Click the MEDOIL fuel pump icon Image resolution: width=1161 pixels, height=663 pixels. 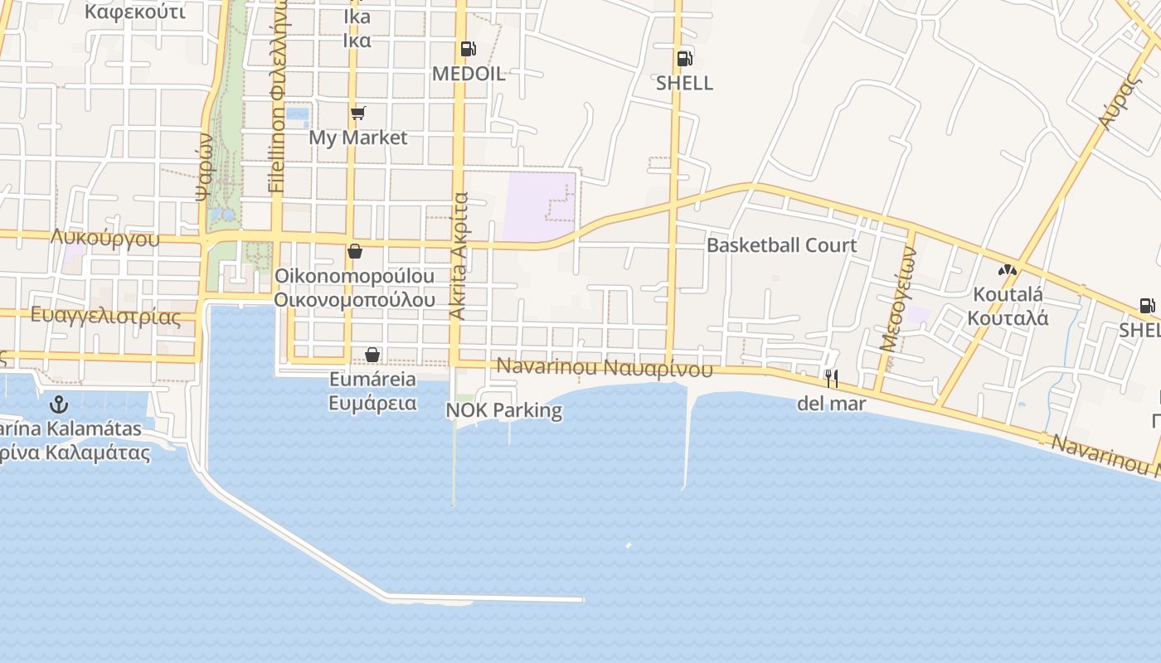(468, 49)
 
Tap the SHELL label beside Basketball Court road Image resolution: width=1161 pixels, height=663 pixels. (684, 83)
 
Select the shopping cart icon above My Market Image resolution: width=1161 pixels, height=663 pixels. (357, 113)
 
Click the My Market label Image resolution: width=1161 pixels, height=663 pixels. (358, 138)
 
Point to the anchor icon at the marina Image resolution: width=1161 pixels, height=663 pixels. (58, 404)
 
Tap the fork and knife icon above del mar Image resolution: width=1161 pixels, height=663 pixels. (831, 379)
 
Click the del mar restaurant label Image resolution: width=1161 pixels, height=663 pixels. (831, 404)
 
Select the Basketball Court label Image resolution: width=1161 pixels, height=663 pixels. (781, 245)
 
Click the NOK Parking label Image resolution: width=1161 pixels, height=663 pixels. (504, 410)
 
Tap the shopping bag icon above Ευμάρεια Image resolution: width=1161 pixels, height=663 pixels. (372, 355)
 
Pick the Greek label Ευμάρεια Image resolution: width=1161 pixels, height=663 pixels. (372, 404)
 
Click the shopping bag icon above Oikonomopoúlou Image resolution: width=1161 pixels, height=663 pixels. (355, 251)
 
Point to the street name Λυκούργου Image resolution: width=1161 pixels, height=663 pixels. (104, 239)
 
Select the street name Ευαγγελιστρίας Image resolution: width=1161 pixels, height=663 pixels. (105, 316)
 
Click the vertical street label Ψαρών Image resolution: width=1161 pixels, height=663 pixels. (205, 168)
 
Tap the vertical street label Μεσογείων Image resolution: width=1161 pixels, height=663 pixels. (897, 300)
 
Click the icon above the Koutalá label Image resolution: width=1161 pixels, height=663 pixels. (1007, 270)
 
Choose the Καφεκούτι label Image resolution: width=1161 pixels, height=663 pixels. (135, 12)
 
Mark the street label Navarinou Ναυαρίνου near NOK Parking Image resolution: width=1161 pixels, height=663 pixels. (605, 367)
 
